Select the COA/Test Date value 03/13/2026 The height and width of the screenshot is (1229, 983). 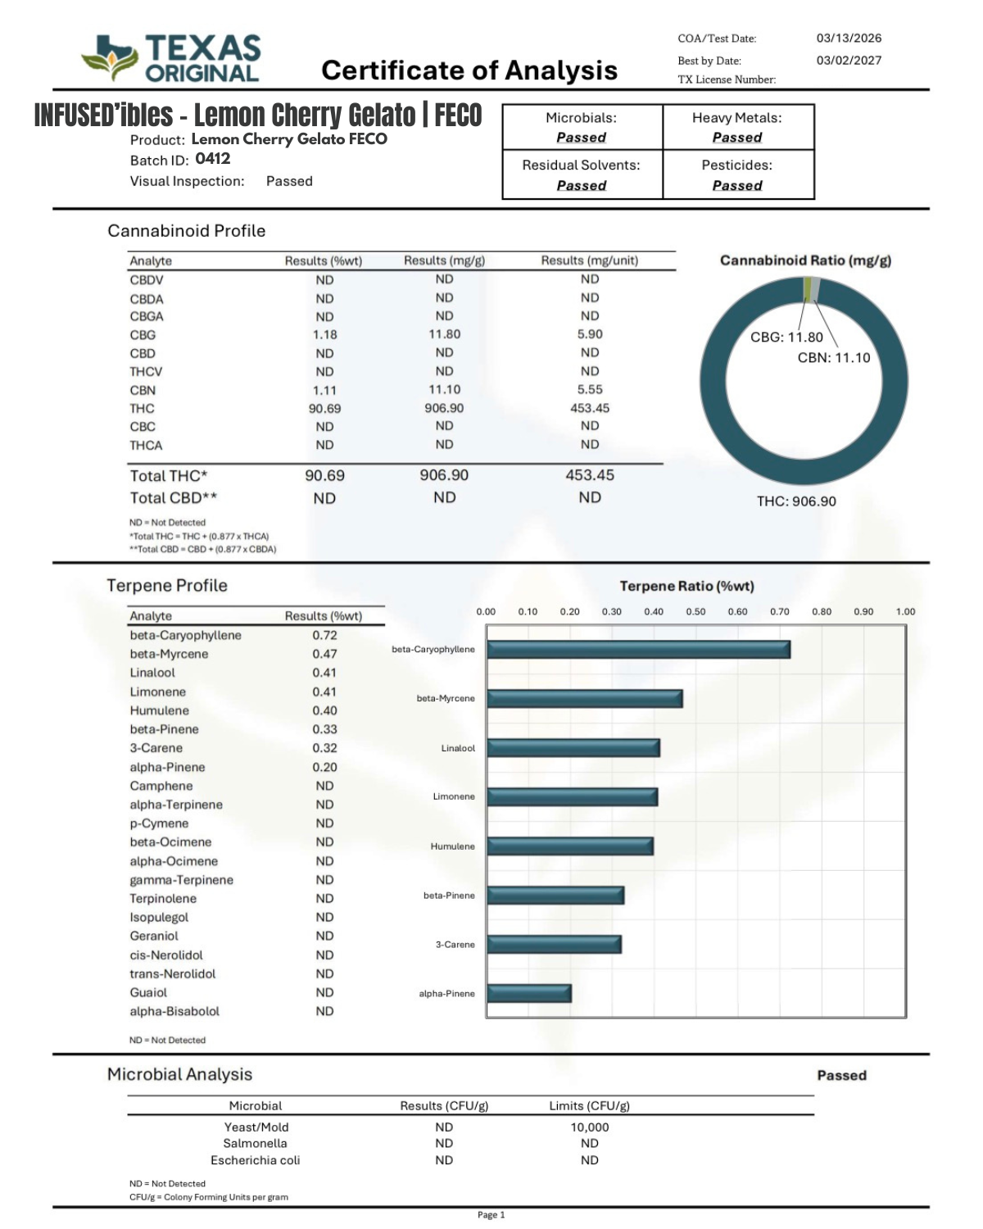point(849,38)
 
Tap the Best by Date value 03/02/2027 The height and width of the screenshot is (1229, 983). point(849,60)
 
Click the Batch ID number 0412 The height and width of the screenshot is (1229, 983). point(213,159)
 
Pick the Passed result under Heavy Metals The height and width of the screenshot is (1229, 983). point(737,138)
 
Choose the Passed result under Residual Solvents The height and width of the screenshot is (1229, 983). point(582,186)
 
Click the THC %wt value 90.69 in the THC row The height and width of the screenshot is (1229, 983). point(324,408)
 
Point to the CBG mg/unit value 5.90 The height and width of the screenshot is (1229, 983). point(590,334)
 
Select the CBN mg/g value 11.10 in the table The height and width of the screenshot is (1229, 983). point(444,390)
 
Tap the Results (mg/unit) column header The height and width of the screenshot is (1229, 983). point(589,261)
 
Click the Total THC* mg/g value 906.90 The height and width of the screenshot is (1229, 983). point(444,475)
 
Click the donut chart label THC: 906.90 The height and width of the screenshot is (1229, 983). point(796,501)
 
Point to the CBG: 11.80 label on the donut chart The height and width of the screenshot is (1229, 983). point(786,337)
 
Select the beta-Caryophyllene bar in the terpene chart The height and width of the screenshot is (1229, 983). point(638,650)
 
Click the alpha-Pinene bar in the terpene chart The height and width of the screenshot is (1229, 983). point(529,994)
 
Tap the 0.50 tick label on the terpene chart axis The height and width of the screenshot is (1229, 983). point(695,611)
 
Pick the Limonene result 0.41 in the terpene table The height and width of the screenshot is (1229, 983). point(324,692)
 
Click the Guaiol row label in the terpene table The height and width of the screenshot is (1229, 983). point(148,992)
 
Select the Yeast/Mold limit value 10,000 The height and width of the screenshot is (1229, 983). point(590,1127)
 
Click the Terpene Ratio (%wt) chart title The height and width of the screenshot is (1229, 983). point(686,586)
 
